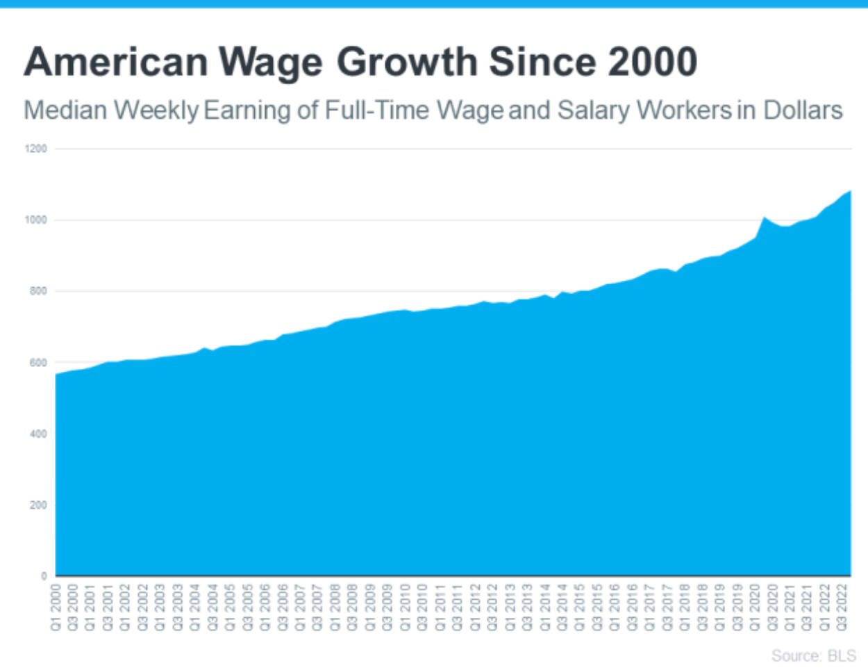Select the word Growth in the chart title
click(407, 63)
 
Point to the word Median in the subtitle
click(65, 111)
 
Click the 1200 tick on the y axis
click(38, 149)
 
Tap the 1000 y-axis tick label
click(38, 220)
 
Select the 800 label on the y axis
click(40, 291)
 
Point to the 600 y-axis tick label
click(40, 363)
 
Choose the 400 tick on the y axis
click(40, 434)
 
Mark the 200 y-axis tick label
click(40, 505)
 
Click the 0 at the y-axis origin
click(44, 575)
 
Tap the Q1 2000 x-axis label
click(56, 607)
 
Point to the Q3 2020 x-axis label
click(773, 607)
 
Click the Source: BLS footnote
click(813, 656)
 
